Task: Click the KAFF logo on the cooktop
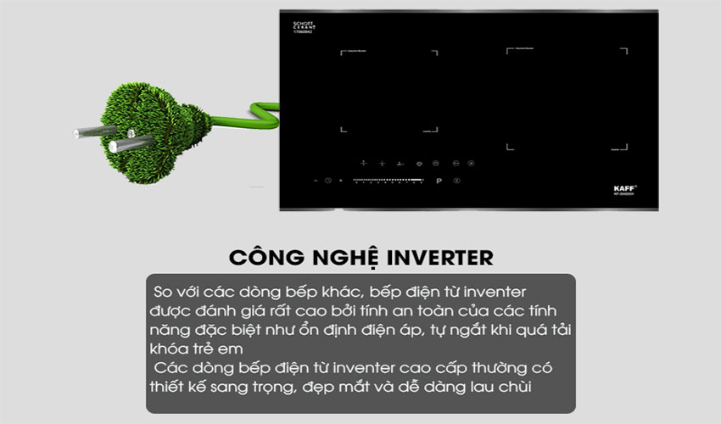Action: click(623, 187)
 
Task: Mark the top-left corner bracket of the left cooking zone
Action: click(344, 53)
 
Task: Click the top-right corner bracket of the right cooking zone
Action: click(626, 50)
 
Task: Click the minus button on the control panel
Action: click(316, 181)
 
